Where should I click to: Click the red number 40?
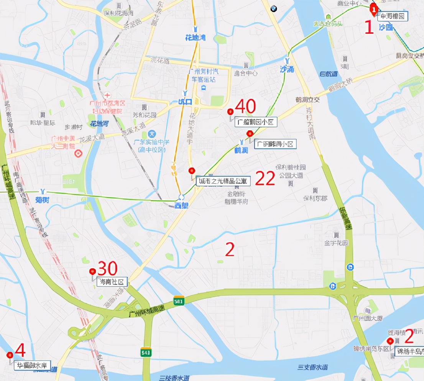coord(245,106)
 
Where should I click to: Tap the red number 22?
coord(265,178)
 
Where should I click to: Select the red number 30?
coord(108,268)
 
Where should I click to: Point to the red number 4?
coord(20,350)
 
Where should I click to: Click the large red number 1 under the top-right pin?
coord(369,28)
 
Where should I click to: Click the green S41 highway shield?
coord(145,352)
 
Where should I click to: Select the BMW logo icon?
coord(273,9)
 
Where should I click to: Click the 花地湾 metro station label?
coord(196,37)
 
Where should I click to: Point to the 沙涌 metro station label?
coord(286,69)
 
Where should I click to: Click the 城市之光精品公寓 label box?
coord(223,181)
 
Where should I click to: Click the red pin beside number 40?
coord(230,112)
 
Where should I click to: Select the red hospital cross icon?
coord(108,95)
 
